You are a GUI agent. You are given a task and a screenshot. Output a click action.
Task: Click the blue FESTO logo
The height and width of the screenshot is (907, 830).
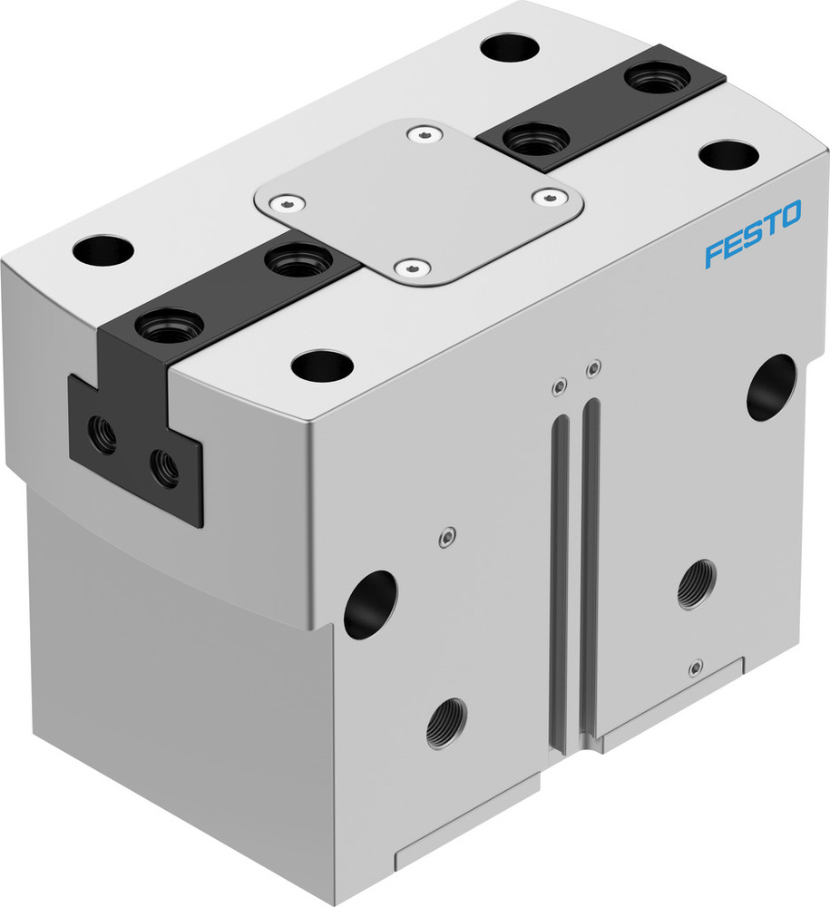pyautogui.click(x=753, y=234)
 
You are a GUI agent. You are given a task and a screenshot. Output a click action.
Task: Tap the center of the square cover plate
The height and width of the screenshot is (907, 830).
pyautogui.click(x=418, y=201)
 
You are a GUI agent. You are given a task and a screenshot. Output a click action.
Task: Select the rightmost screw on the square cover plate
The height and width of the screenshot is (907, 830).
pyautogui.click(x=549, y=195)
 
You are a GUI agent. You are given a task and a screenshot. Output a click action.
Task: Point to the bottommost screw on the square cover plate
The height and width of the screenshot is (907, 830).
pyautogui.click(x=413, y=268)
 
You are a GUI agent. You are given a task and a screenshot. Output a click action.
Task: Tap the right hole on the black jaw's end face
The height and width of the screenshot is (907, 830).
pyautogui.click(x=164, y=469)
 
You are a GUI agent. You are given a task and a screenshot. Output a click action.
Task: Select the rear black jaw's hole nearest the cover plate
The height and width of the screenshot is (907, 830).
pyautogui.click(x=535, y=141)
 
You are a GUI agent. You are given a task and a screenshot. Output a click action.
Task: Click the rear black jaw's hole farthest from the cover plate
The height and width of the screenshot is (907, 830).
pyautogui.click(x=657, y=77)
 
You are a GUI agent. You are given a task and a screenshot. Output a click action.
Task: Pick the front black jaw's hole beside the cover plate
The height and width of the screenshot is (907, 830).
pyautogui.click(x=294, y=261)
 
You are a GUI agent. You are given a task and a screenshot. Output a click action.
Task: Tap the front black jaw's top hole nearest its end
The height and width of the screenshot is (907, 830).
pyautogui.click(x=169, y=325)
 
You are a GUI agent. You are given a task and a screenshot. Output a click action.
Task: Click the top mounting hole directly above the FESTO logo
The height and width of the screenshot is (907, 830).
pyautogui.click(x=729, y=155)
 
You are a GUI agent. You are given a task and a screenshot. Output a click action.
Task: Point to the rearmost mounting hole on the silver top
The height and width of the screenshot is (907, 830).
pyautogui.click(x=510, y=47)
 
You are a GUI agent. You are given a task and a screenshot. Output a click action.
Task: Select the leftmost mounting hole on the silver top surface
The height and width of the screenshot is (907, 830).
pyautogui.click(x=103, y=250)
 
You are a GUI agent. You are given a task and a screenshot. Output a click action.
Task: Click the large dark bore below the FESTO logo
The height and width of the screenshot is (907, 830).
pyautogui.click(x=771, y=387)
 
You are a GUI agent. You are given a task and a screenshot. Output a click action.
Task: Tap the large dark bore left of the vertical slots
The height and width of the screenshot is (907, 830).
pyautogui.click(x=370, y=604)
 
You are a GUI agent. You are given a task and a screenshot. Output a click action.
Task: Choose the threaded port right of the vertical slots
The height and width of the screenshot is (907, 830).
pyautogui.click(x=697, y=584)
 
